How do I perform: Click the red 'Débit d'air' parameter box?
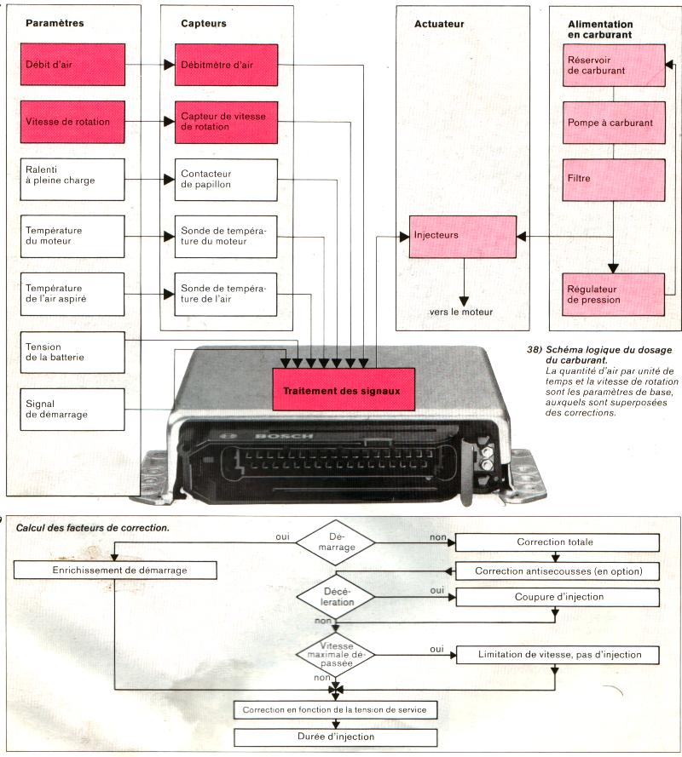(72, 65)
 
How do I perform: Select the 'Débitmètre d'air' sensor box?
(227, 65)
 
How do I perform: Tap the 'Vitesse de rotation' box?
(72, 122)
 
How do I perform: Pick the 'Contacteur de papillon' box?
(227, 179)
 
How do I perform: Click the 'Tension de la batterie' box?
(72, 353)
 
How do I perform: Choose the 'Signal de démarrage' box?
(72, 409)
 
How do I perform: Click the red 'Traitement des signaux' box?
(344, 392)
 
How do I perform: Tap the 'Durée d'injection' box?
(335, 737)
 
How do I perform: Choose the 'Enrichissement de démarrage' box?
(115, 569)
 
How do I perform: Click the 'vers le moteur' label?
(460, 312)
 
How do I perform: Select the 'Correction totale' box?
(558, 542)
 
